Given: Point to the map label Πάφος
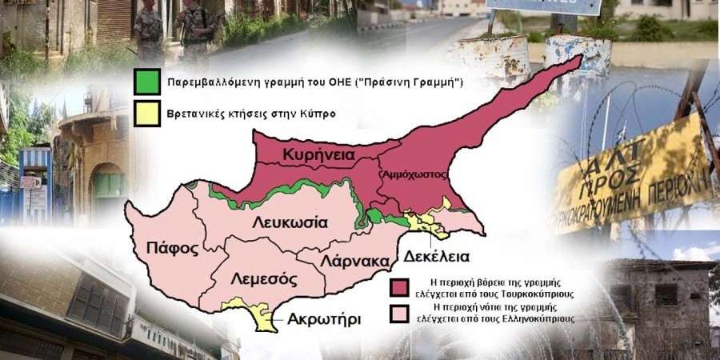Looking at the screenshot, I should click(x=173, y=247).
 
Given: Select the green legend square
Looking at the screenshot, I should click(x=147, y=82).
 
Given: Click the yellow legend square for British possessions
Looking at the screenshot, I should click(x=147, y=114).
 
